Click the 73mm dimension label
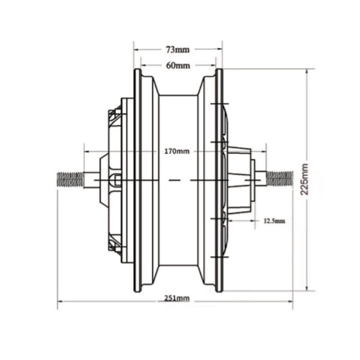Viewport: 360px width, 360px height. pos(177,49)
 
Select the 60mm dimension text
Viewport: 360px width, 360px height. pos(178,65)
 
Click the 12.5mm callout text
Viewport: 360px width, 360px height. pos(274,220)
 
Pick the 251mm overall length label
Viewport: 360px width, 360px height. pos(176,298)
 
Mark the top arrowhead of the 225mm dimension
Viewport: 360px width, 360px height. pos(307,72)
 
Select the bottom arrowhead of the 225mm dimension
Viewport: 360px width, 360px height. pos(307,288)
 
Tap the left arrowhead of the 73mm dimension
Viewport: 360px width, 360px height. pos(136,49)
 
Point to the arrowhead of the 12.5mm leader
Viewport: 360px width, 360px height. pos(231,220)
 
